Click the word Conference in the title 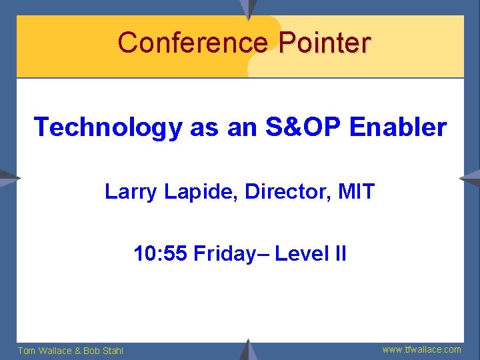click(x=192, y=43)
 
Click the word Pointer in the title click(x=325, y=43)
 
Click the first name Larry click(x=129, y=193)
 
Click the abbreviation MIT click(x=357, y=193)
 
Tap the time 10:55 click(x=160, y=254)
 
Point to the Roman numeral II click(x=339, y=254)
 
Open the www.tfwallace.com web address click(x=421, y=349)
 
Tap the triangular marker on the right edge click(x=471, y=178)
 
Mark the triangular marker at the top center click(x=249, y=8)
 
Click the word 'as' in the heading click(x=203, y=127)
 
